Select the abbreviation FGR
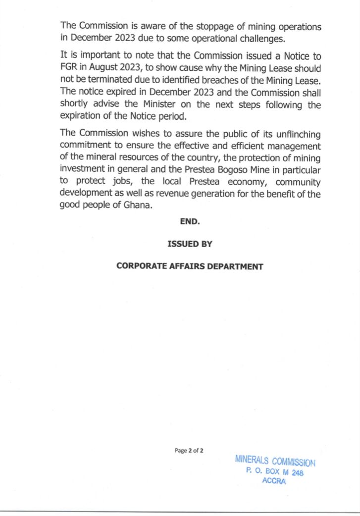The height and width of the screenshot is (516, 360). point(69,68)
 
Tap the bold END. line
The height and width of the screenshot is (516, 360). point(190,222)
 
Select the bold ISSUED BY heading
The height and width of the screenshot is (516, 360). point(190,244)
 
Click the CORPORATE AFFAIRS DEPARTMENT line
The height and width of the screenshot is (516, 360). point(190,266)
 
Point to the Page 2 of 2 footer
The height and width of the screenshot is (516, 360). point(189,450)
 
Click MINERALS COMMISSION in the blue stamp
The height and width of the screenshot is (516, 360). point(275,461)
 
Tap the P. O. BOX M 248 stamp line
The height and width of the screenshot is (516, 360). point(274,472)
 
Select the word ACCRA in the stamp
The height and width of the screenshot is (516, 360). point(274,482)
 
